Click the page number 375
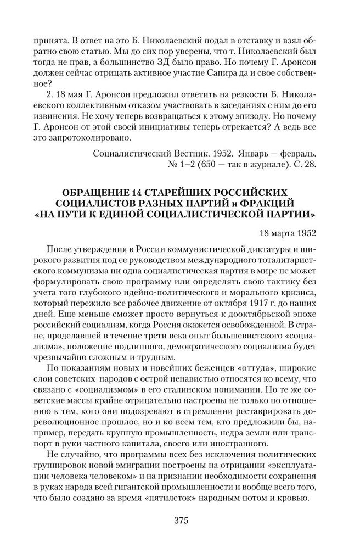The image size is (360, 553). click(x=179, y=521)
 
